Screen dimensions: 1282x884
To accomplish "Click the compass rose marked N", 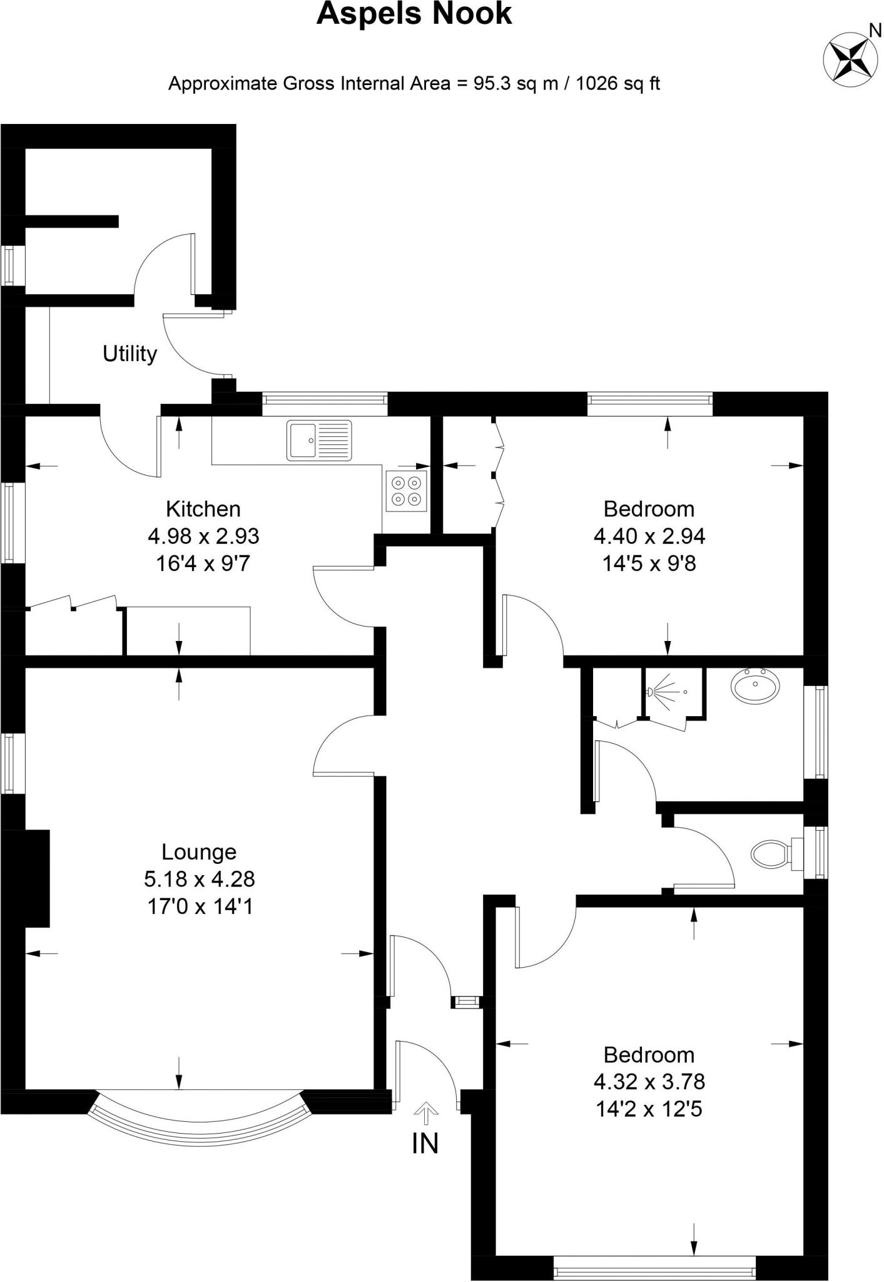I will (848, 59).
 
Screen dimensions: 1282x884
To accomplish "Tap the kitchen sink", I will (319, 441).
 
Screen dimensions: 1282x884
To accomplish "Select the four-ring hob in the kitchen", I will (406, 491).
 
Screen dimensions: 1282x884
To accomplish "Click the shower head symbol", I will (652, 692).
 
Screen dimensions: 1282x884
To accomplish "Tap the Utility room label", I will (130, 354).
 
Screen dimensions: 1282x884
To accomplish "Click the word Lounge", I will (199, 852).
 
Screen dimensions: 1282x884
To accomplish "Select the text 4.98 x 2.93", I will (203, 536).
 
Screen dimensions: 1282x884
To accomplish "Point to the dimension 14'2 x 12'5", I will (649, 1109).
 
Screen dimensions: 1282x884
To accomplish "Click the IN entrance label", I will (425, 1144).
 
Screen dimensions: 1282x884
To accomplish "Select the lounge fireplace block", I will (30, 878).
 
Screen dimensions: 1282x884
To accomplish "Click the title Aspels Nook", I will (414, 14).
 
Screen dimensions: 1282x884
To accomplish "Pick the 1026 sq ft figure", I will (617, 83).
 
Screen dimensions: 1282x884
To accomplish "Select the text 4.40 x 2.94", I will (649, 536).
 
